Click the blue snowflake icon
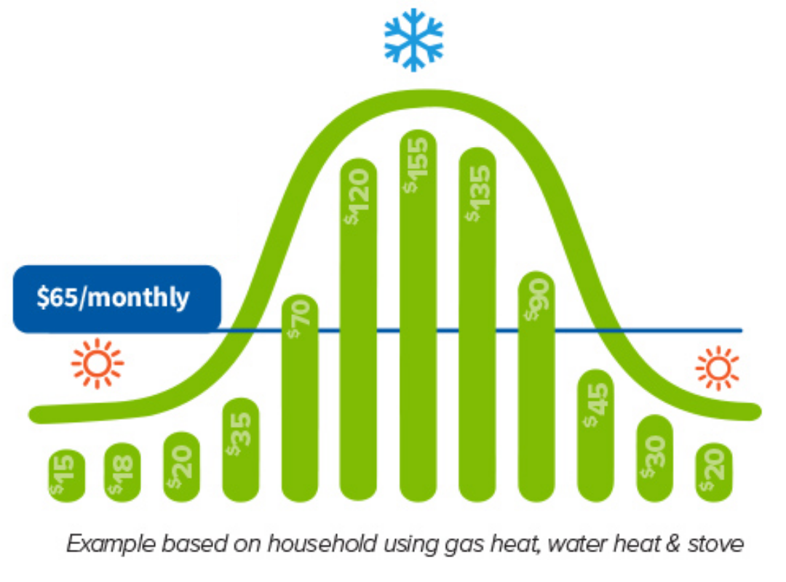click(x=413, y=39)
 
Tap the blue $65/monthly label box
click(x=116, y=299)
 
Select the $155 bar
click(x=418, y=316)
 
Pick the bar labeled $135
click(x=477, y=325)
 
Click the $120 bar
click(x=358, y=330)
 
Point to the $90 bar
click(x=536, y=386)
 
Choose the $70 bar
click(x=300, y=398)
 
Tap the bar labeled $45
click(x=595, y=436)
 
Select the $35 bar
click(x=241, y=450)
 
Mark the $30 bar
click(x=655, y=458)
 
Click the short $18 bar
click(x=122, y=472)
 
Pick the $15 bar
click(x=67, y=476)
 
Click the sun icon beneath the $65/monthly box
click(x=98, y=364)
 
